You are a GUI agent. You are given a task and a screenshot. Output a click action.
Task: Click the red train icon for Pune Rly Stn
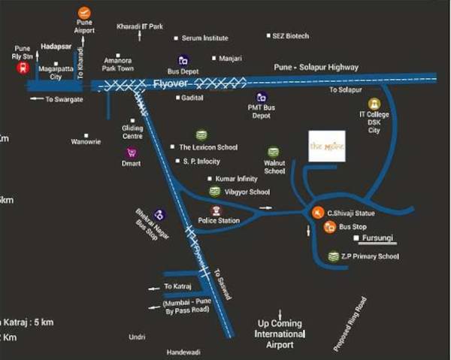(23, 67)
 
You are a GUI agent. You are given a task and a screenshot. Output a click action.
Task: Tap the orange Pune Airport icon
(84, 13)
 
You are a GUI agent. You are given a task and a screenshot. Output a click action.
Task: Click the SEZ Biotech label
(292, 36)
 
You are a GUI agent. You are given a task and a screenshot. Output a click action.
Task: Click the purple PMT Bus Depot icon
(262, 97)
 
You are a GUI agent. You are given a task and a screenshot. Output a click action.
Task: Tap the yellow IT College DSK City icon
(374, 104)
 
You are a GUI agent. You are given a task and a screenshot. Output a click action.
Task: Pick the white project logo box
(328, 147)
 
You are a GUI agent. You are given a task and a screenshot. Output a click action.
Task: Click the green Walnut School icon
(274, 152)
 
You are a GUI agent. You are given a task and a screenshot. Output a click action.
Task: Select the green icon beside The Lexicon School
(201, 135)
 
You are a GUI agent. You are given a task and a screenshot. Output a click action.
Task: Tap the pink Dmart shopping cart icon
(132, 152)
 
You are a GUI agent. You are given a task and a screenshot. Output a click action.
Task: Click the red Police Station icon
(216, 210)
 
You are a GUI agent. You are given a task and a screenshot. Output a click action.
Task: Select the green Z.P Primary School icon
(333, 257)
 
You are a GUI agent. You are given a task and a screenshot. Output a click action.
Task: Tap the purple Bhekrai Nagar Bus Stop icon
(159, 215)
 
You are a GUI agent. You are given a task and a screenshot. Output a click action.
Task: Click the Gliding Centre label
(132, 132)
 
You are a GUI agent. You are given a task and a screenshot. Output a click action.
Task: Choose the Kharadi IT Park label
(140, 26)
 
